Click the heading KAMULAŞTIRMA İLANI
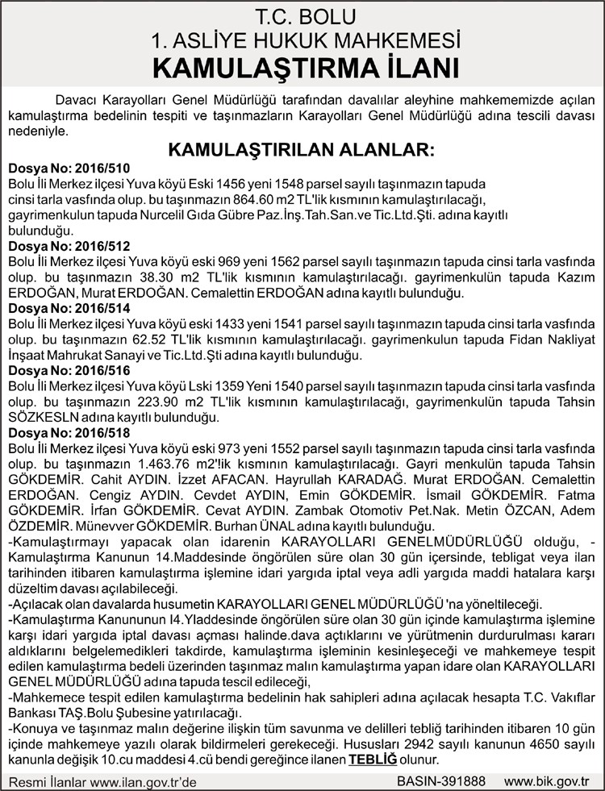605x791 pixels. click(x=302, y=67)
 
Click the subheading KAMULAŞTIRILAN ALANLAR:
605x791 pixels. click(x=301, y=151)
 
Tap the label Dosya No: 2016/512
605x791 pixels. click(x=68, y=245)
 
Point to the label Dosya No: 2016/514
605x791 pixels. click(x=68, y=308)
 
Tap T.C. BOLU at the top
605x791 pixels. click(x=302, y=17)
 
